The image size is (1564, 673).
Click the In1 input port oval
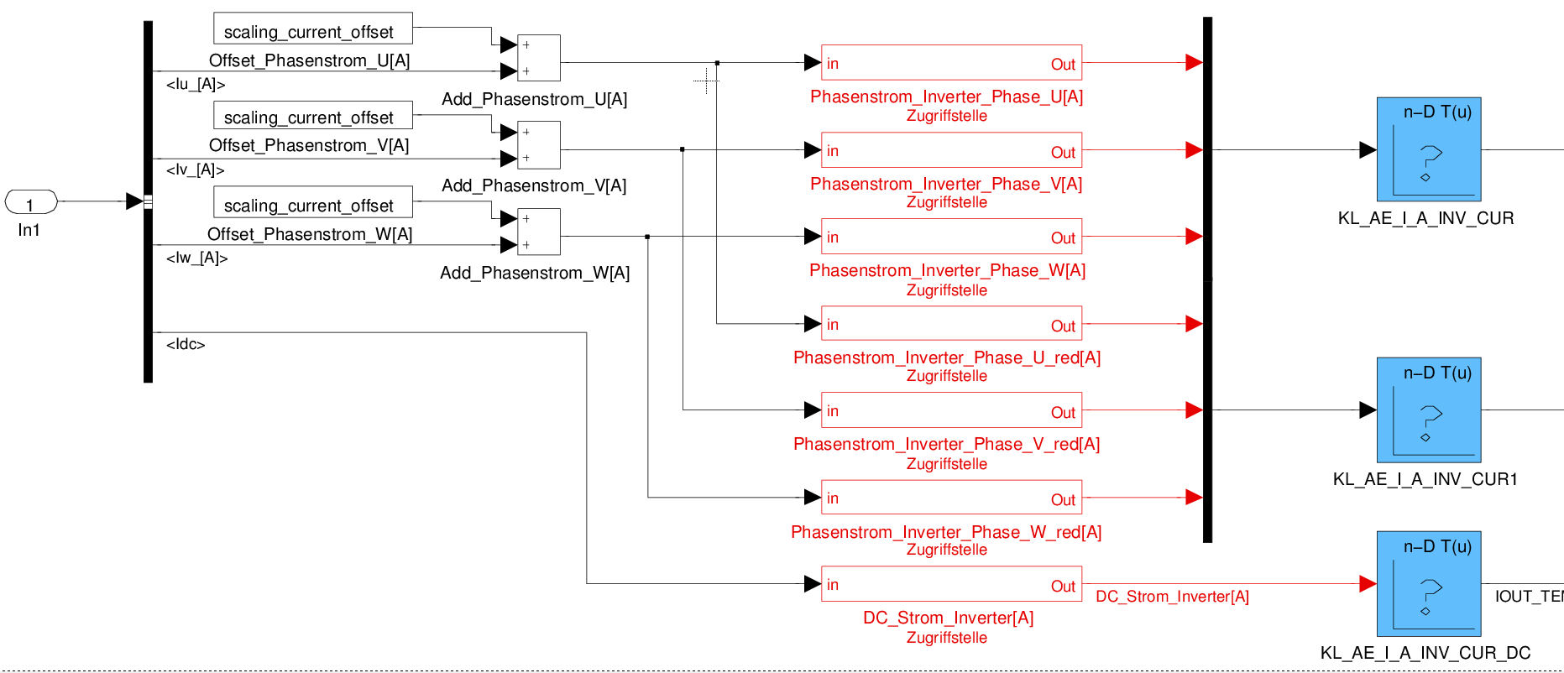pos(31,202)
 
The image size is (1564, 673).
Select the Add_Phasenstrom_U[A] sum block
pos(539,58)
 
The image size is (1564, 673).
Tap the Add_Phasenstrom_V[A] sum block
pos(539,145)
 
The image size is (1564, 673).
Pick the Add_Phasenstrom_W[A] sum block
pos(539,232)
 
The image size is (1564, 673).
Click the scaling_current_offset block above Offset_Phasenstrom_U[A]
pos(312,29)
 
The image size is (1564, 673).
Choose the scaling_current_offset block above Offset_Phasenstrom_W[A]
pos(312,202)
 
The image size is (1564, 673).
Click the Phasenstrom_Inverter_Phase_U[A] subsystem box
pos(951,63)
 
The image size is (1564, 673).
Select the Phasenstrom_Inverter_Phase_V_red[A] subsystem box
pos(951,410)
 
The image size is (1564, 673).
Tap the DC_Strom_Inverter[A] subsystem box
pos(951,584)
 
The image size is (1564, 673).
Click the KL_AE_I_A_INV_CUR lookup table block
pos(1428,149)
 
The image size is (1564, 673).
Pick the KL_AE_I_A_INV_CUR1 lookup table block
pos(1428,410)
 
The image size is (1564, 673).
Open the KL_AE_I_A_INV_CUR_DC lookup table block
pos(1428,584)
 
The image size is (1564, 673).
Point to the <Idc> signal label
pos(186,344)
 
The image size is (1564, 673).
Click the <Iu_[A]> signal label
pos(196,84)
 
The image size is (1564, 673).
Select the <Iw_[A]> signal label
pos(196,258)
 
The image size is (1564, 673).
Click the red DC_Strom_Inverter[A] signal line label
pos(1172,597)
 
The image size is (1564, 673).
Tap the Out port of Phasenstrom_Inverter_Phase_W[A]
pos(1063,238)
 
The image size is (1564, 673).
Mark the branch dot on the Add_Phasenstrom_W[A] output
pos(647,237)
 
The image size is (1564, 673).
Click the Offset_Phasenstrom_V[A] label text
pos(309,145)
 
